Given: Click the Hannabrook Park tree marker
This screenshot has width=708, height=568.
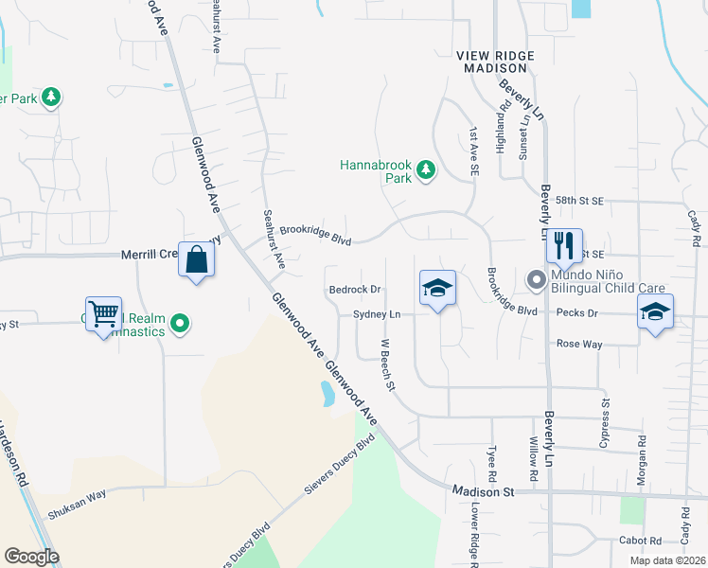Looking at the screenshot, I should (x=427, y=169).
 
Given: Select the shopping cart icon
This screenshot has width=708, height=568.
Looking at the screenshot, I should (x=104, y=313).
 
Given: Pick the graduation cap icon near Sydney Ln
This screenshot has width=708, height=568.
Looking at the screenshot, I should (x=437, y=288).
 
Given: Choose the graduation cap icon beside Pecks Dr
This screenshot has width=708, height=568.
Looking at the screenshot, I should (x=655, y=311).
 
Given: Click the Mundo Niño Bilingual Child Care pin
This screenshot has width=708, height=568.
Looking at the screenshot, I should (x=536, y=279).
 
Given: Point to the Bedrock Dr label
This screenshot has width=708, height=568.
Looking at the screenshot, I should (x=354, y=290).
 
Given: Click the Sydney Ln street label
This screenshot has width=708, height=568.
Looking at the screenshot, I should (x=377, y=314).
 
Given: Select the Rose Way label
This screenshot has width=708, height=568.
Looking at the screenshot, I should (x=579, y=345).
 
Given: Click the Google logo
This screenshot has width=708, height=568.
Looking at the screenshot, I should (x=31, y=557).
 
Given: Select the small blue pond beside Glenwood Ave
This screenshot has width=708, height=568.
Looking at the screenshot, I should (x=327, y=393).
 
